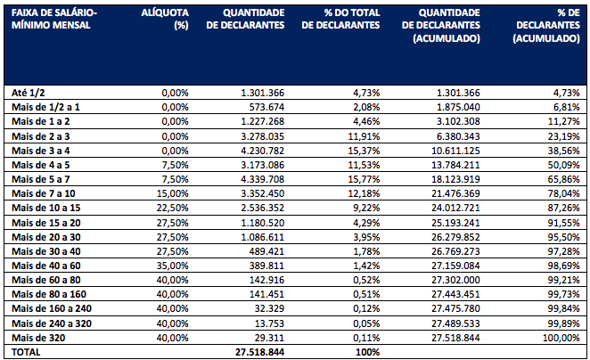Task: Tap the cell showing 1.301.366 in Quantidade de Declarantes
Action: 262,93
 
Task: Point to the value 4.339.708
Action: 262,179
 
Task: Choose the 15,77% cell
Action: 363,179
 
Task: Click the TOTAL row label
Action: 27,352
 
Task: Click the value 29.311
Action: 267,338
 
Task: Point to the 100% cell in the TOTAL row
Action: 365,352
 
